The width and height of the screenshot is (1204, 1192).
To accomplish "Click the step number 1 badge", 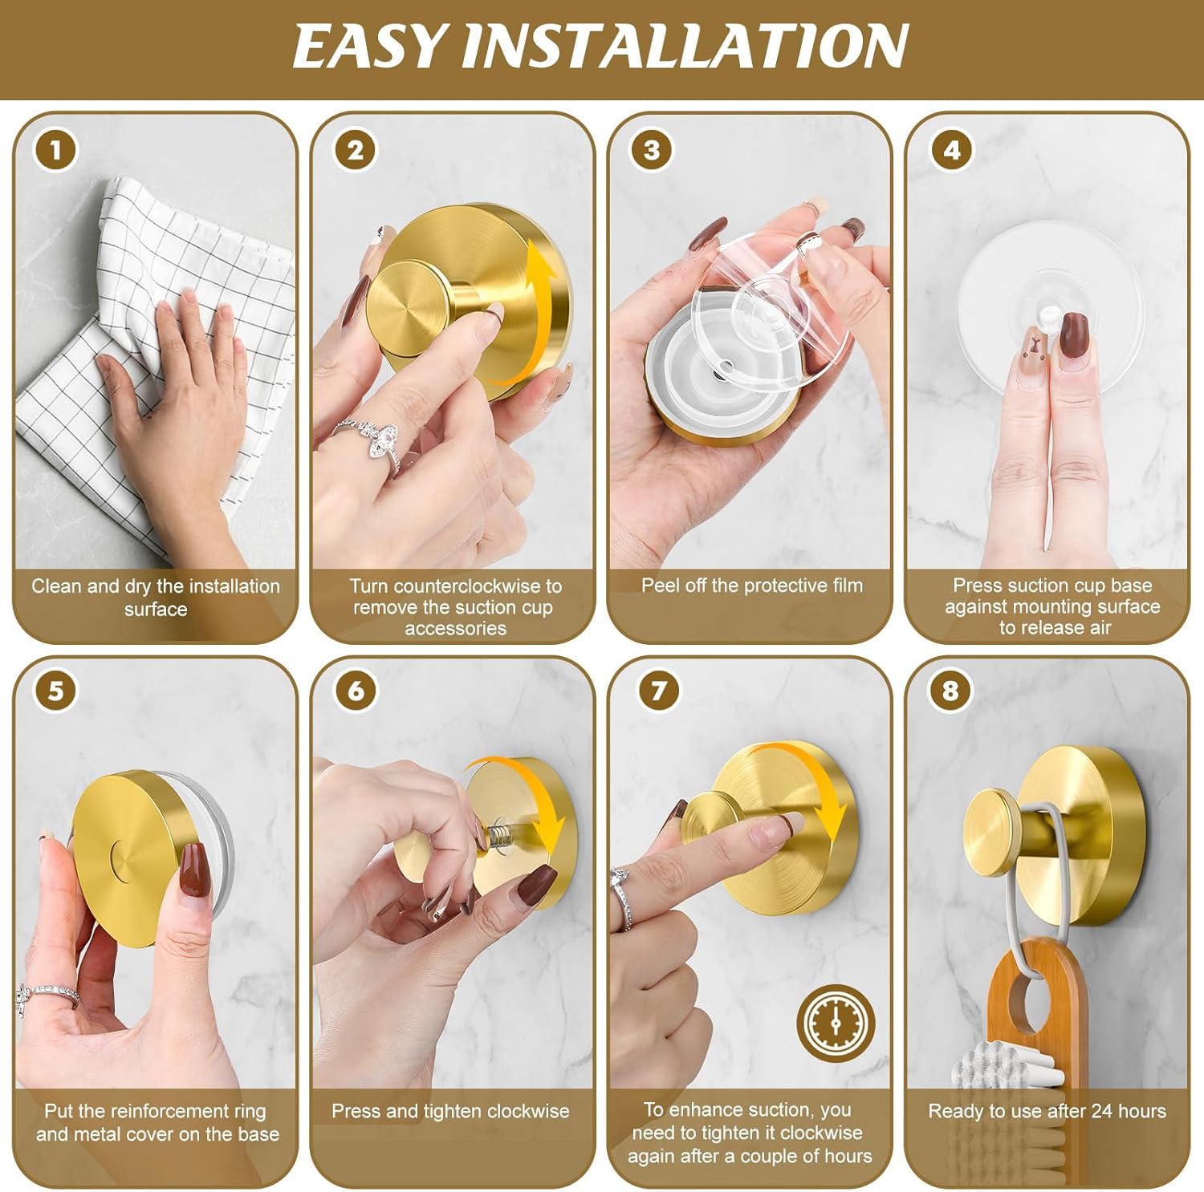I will pos(55,150).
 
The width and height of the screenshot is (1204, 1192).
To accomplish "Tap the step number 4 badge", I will pos(951,150).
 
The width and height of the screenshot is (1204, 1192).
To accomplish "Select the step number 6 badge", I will pos(356,690).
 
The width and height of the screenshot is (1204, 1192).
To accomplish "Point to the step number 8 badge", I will pos(950,690).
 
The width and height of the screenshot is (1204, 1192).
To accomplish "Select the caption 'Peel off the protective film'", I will pos(751,586).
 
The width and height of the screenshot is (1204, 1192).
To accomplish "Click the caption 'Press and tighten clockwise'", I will pos(450,1111).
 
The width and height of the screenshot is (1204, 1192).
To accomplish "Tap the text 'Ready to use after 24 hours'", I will pos(1047,1111).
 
